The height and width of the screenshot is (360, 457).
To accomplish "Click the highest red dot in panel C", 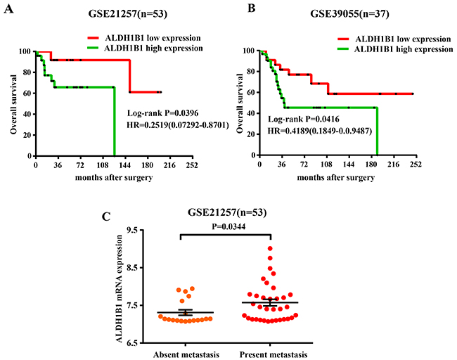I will tap(269, 248).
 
